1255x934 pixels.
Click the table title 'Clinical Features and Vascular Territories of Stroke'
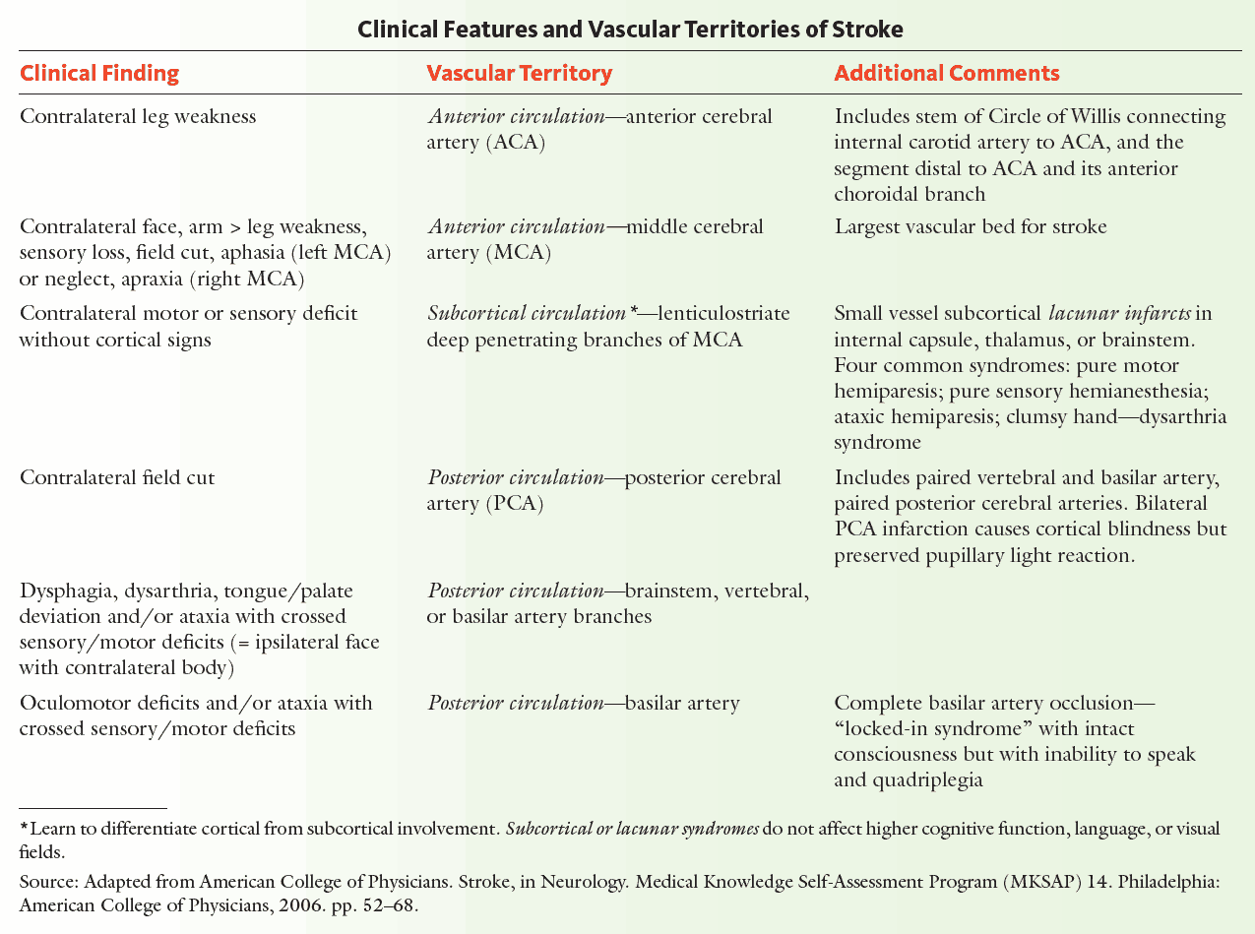pos(630,30)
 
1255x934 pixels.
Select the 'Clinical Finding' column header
pos(99,74)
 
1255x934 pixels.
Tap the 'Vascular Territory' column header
pos(520,74)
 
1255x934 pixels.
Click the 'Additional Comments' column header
pos(947,74)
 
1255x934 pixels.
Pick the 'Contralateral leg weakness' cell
pos(138,117)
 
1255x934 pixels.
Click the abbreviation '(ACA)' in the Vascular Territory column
pos(513,143)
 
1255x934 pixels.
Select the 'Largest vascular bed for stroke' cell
pos(971,227)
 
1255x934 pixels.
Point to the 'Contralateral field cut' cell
pos(117,478)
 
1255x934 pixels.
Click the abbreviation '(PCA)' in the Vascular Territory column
pos(512,504)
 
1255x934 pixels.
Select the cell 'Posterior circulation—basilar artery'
pos(584,704)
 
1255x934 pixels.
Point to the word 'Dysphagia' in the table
pos(62,592)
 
